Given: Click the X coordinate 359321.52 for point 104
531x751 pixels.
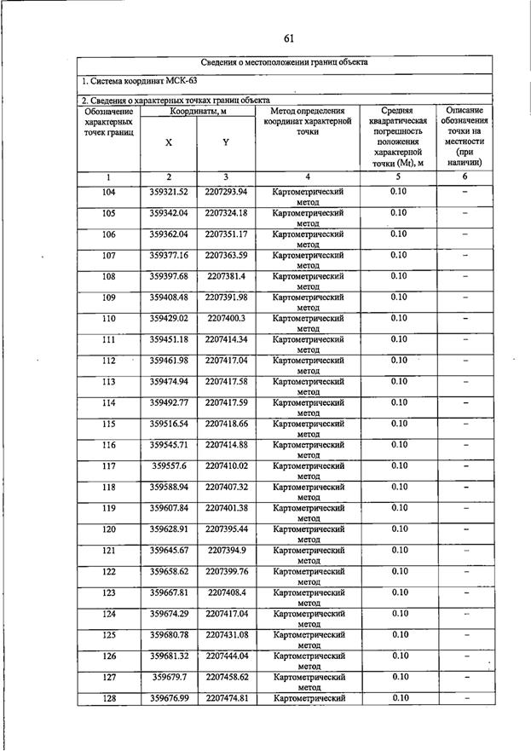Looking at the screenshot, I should [168, 192].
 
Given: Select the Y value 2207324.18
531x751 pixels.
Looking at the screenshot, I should [226, 213].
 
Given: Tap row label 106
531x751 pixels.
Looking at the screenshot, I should [108, 234].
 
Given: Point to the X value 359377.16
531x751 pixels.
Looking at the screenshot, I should [168, 255].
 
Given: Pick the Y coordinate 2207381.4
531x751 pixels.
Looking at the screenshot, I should [226, 276].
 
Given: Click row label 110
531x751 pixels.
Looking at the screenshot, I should [108, 319].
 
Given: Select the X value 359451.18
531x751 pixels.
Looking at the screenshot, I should [168, 339].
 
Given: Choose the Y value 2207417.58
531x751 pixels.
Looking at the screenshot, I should [226, 382].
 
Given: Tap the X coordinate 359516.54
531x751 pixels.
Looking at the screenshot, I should [168, 424].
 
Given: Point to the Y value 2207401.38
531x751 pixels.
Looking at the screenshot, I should [226, 508].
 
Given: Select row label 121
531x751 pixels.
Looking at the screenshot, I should [108, 551].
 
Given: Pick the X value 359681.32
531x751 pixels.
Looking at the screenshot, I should [168, 656].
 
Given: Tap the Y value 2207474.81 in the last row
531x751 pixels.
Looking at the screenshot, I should [226, 698].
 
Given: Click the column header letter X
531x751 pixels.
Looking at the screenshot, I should [168, 143].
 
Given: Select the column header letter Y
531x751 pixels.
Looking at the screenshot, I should [225, 143].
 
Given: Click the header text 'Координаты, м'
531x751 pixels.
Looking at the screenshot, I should [197, 111].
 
